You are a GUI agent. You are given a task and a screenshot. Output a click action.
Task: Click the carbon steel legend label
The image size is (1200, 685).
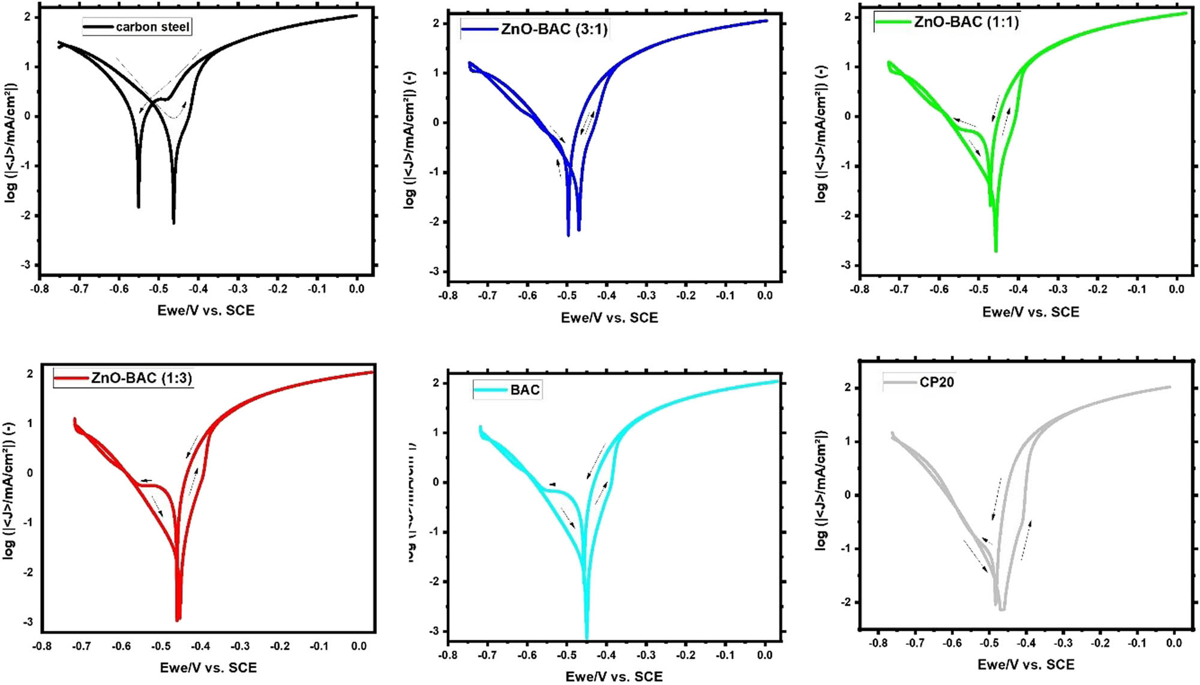(x=152, y=27)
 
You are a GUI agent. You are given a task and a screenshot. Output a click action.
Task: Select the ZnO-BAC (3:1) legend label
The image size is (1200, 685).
(x=554, y=29)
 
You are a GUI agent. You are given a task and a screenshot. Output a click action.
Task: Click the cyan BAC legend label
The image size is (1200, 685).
(x=525, y=390)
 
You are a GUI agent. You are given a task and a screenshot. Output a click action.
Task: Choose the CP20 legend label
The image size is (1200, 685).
(x=937, y=382)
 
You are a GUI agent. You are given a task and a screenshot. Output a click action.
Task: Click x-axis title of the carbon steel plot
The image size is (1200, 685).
(x=206, y=310)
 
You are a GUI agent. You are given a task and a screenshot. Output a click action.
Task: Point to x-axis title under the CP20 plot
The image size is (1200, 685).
(x=1025, y=664)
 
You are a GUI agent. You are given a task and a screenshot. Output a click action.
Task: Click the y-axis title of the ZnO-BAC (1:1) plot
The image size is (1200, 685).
(x=820, y=133)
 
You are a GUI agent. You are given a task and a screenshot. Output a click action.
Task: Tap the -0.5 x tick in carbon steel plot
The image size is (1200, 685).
(x=158, y=289)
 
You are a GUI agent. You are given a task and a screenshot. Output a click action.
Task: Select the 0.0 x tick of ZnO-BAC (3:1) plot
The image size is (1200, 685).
(x=764, y=295)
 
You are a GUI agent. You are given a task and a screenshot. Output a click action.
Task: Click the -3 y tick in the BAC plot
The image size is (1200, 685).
(x=435, y=631)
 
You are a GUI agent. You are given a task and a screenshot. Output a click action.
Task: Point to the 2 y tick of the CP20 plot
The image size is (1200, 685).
(x=847, y=387)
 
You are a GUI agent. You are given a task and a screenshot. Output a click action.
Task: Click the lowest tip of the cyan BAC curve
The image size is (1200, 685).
(x=586, y=638)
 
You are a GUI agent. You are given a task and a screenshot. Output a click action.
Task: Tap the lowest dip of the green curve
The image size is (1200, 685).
(x=996, y=251)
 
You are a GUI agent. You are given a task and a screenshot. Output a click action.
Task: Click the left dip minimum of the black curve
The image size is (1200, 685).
(x=139, y=207)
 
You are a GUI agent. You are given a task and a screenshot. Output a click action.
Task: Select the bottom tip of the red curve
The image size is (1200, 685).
(x=178, y=620)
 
